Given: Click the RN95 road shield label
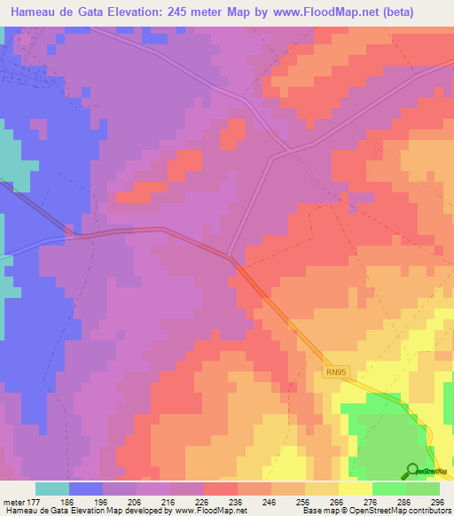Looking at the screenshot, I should click(333, 373).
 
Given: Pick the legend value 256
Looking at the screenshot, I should click(305, 501).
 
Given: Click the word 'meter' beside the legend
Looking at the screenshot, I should click(13, 501).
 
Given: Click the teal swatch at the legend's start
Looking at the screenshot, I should click(52, 489).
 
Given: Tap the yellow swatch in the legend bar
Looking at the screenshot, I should click(356, 489).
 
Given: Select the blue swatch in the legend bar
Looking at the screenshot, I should click(86, 489).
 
